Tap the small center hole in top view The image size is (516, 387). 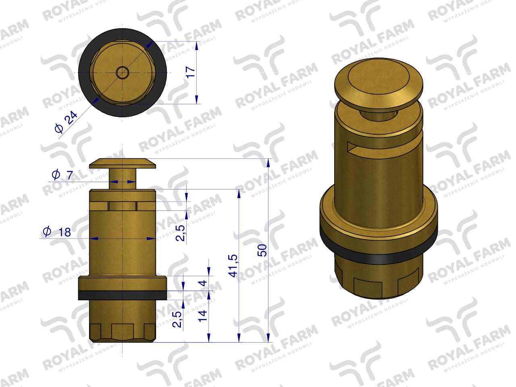click(122, 73)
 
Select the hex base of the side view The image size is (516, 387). click(122, 331)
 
